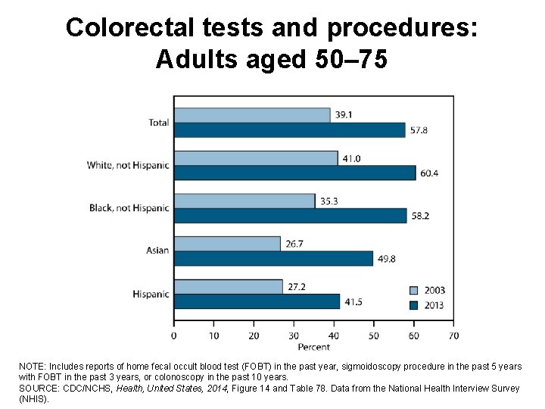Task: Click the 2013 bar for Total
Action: tap(289, 130)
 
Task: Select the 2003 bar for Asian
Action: tap(227, 244)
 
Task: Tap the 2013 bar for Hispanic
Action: tap(257, 301)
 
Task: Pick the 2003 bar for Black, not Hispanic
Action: tap(244, 201)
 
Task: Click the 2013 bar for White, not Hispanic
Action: tap(294, 173)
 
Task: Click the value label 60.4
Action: tap(430, 173)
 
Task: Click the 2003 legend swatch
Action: tap(413, 290)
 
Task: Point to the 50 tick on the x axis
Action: tap(374, 335)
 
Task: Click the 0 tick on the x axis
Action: tap(174, 335)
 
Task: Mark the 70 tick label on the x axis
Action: tap(453, 335)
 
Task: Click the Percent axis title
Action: tap(313, 347)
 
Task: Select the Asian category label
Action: tap(157, 251)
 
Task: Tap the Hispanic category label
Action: tap(150, 294)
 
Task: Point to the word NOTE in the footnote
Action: tap(32, 367)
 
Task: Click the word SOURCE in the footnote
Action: tap(38, 389)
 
